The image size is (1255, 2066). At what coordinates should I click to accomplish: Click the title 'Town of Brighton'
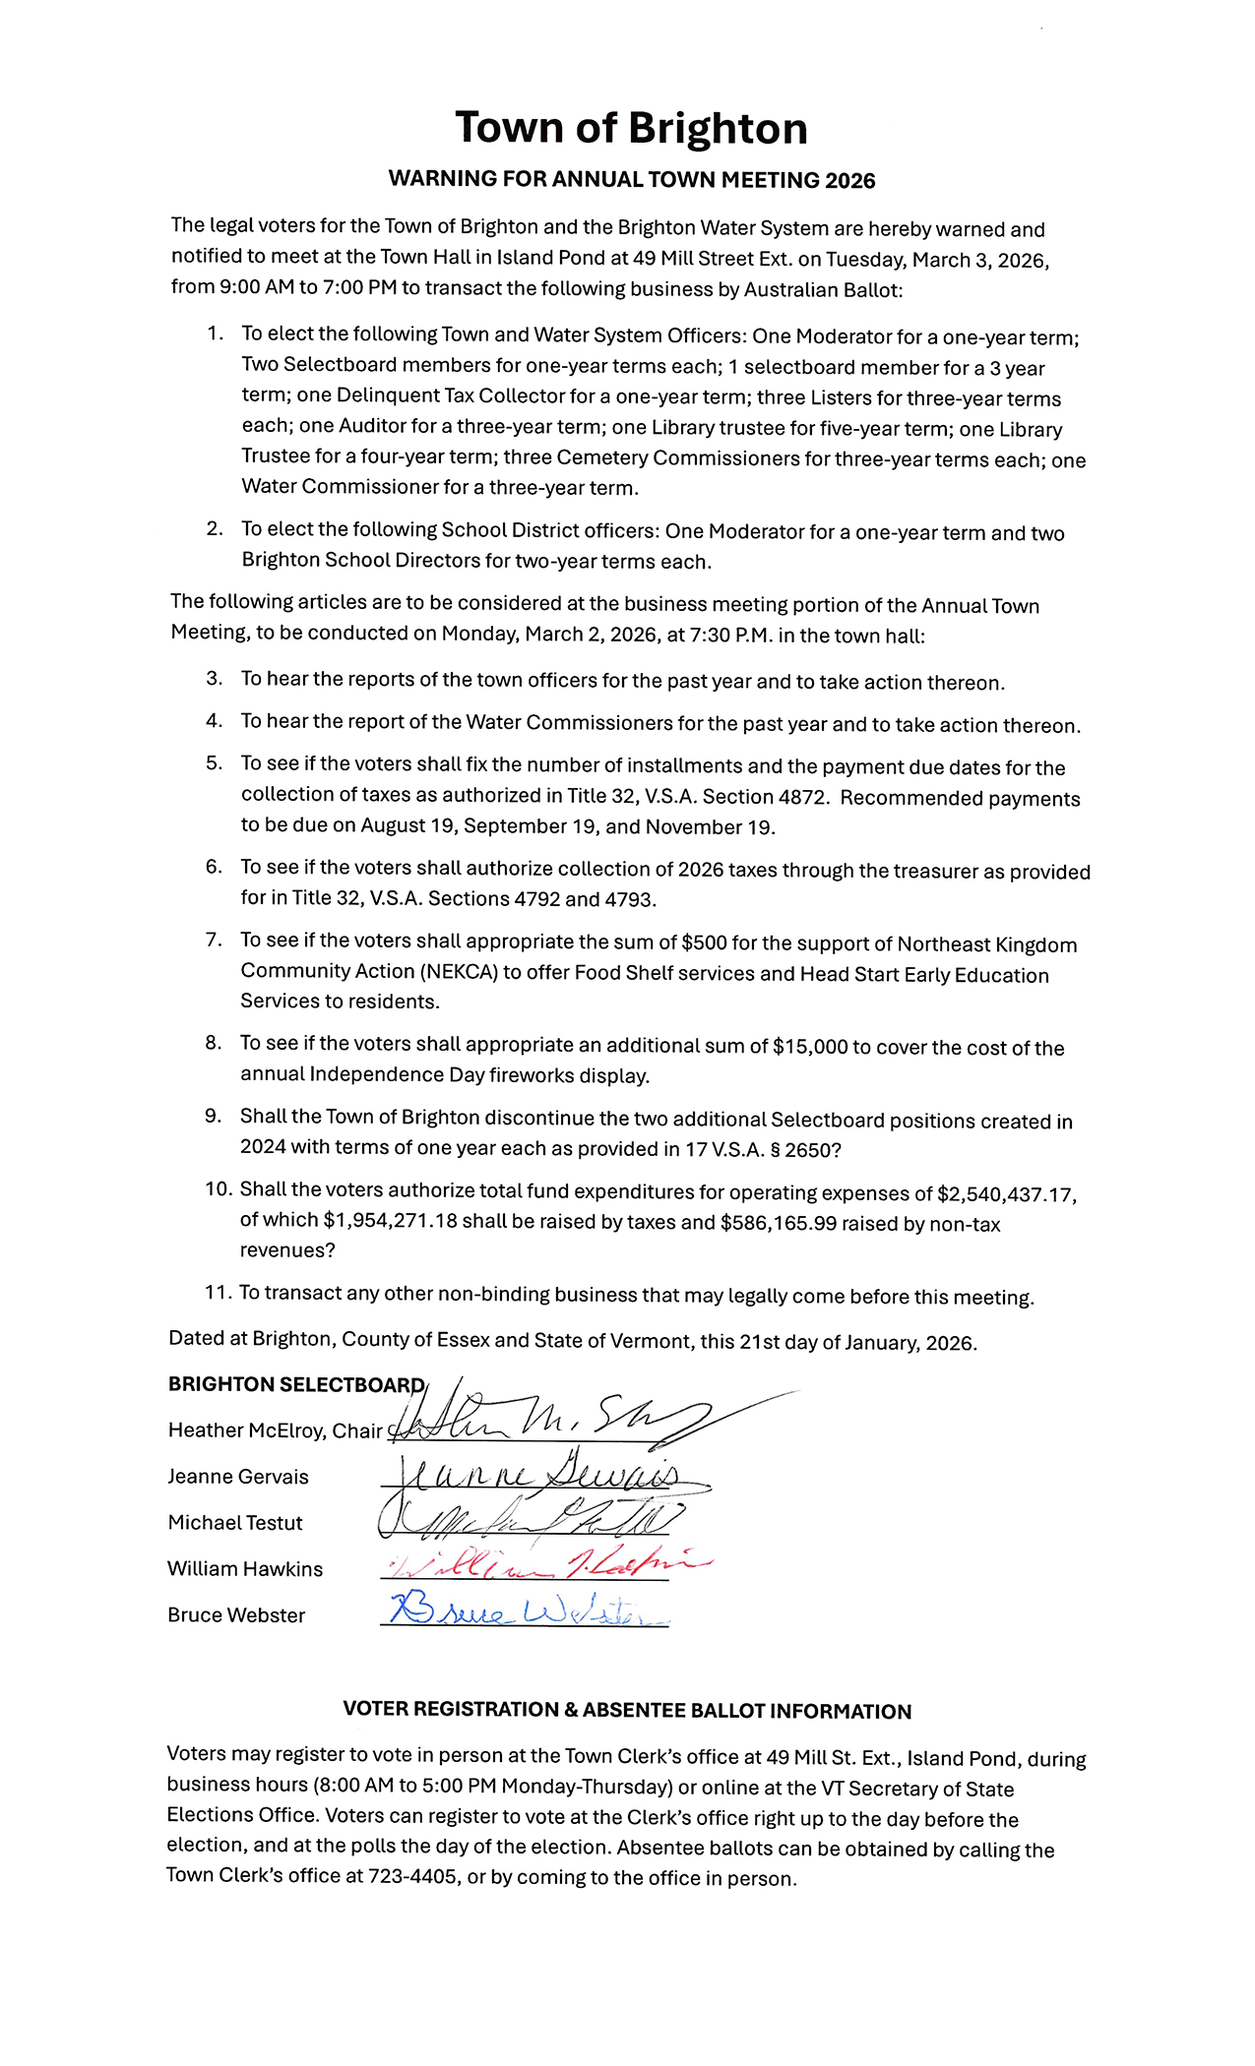[631, 129]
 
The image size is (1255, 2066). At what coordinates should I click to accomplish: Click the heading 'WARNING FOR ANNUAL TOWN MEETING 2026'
[631, 180]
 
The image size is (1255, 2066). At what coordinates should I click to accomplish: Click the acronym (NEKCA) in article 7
[458, 972]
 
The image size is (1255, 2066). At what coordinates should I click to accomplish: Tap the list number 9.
[213, 1117]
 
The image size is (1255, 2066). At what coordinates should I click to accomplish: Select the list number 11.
[216, 1293]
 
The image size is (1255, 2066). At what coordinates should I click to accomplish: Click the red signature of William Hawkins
[546, 1564]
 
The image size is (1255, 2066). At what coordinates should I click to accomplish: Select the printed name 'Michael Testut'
[235, 1523]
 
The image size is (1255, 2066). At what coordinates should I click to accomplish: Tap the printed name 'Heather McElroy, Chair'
[275, 1430]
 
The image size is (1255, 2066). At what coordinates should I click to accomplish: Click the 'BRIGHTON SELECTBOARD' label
[295, 1385]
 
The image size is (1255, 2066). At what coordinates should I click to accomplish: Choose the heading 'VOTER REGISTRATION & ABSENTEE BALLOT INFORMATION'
[627, 1710]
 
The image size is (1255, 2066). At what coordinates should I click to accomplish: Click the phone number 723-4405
[412, 1876]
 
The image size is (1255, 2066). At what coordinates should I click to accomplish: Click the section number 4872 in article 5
[801, 798]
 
